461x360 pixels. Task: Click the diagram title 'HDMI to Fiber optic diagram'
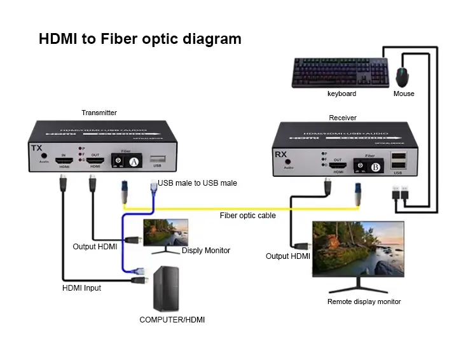[140, 39]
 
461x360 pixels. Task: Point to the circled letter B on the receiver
[375, 167]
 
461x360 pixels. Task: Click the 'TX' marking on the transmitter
[36, 149]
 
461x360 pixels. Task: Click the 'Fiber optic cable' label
[248, 216]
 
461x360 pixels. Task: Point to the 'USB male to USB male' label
[198, 183]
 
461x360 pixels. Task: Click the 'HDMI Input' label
[81, 287]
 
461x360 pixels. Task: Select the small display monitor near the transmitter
[166, 232]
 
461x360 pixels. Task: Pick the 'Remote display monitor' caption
[364, 301]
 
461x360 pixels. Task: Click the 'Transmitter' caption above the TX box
[99, 113]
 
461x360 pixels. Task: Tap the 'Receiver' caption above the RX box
[343, 118]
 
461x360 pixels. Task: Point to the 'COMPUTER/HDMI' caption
[172, 320]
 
